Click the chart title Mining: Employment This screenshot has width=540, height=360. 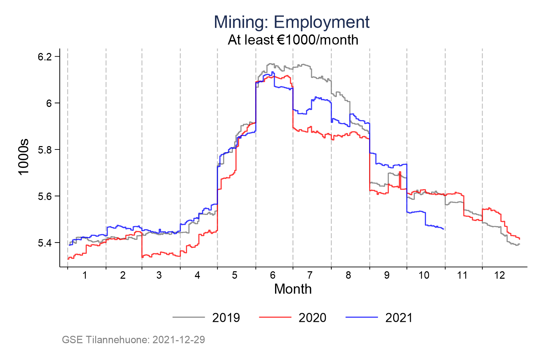click(x=292, y=22)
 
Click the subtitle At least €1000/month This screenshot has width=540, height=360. click(x=293, y=40)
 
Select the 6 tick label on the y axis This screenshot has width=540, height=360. click(x=49, y=103)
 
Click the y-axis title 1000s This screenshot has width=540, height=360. click(x=24, y=157)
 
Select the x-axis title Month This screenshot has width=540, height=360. click(x=293, y=289)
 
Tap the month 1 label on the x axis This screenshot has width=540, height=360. click(x=85, y=275)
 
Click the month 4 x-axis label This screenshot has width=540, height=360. click(x=197, y=275)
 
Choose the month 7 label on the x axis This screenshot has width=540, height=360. click(x=310, y=275)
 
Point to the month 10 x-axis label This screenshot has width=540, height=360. click(x=424, y=275)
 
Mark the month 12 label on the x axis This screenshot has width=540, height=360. click(x=500, y=275)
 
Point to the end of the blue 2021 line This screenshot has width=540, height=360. click(x=443, y=229)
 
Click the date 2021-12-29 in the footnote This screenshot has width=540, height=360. click(x=179, y=339)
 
